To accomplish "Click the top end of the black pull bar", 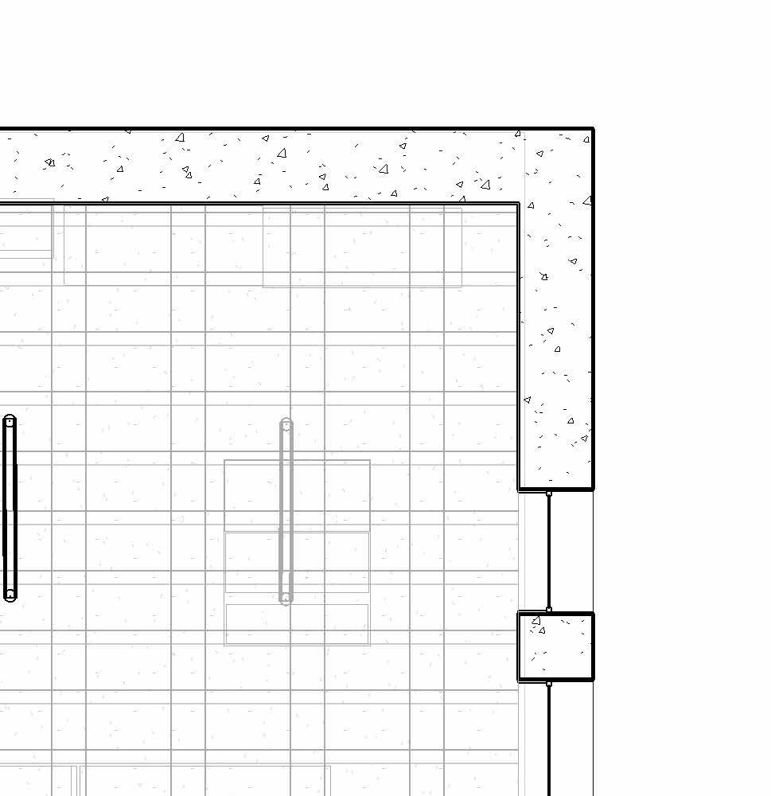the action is pos(10,421).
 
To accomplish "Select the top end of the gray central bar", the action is pos(286,425).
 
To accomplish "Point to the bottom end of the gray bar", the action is pos(286,598).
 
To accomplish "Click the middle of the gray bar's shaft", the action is pos(286,511).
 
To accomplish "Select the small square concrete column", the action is pos(556,646).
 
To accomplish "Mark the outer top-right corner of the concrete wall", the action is pos(592,129).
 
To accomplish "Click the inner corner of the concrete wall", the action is pos(519,204).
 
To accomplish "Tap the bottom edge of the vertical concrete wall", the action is pos(556,488).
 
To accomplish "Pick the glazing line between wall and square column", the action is pos(549,551).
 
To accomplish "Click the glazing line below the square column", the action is pos(549,740).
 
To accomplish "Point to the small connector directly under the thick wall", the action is pos(549,494).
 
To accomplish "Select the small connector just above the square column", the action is pos(549,610).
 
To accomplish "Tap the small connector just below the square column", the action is pos(549,684).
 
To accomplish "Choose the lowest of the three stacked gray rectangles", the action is pos(297,624).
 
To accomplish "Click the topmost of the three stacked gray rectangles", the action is pos(297,495).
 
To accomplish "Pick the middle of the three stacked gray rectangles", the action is pos(297,562).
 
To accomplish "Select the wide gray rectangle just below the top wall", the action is pos(362,247).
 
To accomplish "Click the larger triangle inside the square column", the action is pos(536,619).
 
